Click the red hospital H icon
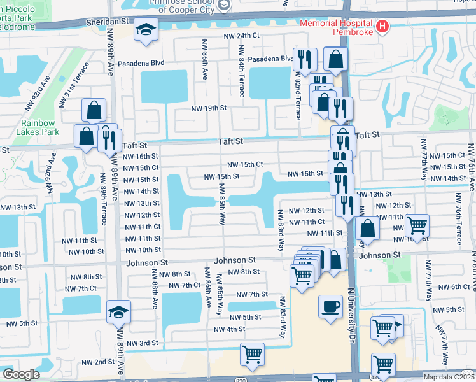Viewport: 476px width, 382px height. point(382,27)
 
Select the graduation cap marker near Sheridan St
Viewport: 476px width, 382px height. point(146,31)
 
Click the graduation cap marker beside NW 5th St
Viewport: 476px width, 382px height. point(118,312)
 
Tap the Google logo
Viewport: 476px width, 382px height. point(21,374)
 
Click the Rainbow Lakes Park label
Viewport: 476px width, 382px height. point(39,127)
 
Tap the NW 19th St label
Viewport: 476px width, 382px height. point(209,108)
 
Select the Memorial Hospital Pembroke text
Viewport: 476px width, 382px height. point(337,22)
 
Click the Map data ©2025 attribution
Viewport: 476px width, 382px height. point(449,377)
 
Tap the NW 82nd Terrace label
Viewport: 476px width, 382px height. point(297,95)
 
